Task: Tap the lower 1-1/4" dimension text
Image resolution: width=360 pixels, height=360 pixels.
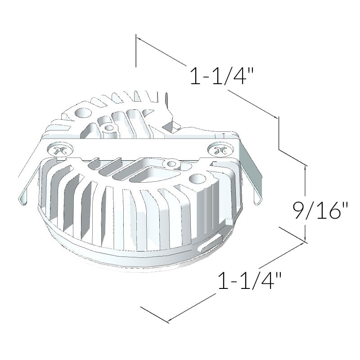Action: pyautogui.click(x=250, y=281)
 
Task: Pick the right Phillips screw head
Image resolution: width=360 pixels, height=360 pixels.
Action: pyautogui.click(x=220, y=150)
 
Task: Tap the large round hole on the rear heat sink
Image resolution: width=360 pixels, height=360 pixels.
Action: pyautogui.click(x=83, y=112)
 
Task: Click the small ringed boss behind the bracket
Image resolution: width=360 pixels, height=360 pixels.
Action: pyautogui.click(x=108, y=128)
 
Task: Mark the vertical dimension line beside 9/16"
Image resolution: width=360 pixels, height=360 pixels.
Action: pyautogui.click(x=306, y=202)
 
